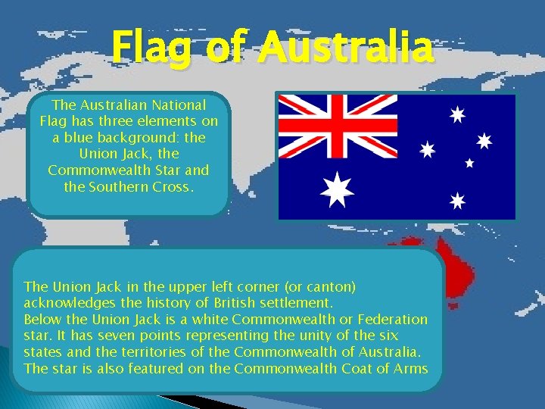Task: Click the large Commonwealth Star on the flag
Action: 337,189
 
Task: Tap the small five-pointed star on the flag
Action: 469,162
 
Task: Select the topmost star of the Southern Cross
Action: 456,115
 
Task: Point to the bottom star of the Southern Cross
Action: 456,201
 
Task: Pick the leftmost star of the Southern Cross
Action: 428,150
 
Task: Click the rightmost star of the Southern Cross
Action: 484,141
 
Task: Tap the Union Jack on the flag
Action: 338,126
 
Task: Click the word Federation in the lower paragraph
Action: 393,319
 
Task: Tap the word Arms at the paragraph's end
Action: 411,369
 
